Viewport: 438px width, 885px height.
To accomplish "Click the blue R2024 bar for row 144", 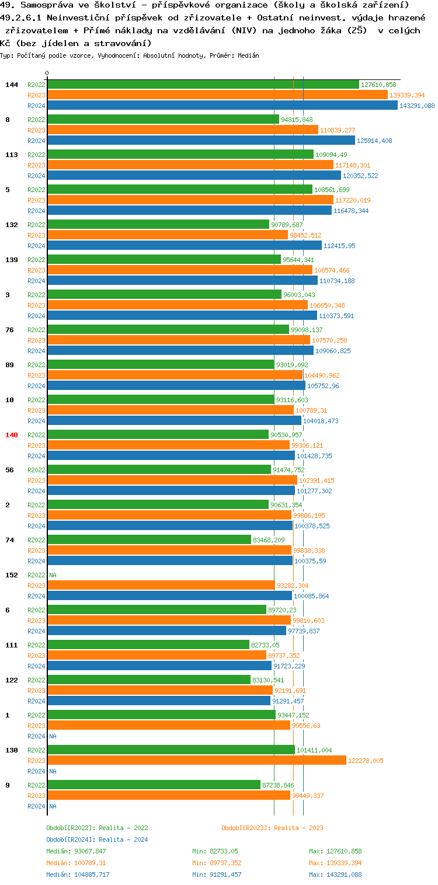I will tap(222, 106).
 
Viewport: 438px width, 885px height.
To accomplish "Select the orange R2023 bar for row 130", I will tap(197, 761).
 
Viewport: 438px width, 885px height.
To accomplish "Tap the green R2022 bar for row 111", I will tap(148, 645).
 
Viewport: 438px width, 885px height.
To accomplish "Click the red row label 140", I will tap(12, 435).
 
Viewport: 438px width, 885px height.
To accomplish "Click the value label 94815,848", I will tap(297, 120).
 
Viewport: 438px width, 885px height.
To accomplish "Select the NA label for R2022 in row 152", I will tap(53, 575).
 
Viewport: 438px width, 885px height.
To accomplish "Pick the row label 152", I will tap(12, 575).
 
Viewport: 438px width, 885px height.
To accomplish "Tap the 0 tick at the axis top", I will tap(47, 74).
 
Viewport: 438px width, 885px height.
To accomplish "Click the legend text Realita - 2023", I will tap(298, 828).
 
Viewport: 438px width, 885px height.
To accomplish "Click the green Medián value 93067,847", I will tap(90, 851).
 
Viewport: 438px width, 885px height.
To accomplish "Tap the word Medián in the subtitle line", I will tap(249, 55).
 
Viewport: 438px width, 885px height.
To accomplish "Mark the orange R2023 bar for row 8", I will tap(183, 130).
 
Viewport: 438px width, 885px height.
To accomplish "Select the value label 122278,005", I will tap(366, 761).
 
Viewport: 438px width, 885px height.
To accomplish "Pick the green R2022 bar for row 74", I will tap(149, 540).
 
